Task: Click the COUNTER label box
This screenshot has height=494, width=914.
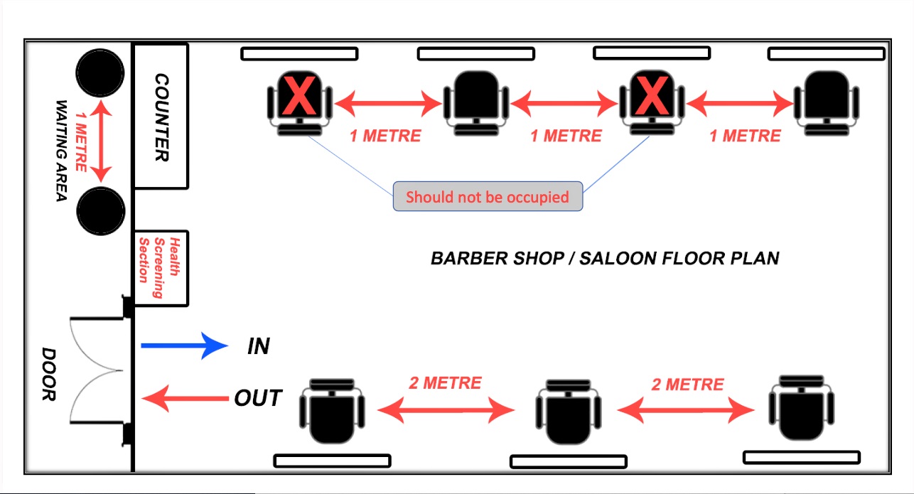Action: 161,116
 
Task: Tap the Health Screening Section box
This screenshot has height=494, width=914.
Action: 161,268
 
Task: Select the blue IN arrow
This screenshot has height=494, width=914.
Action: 184,346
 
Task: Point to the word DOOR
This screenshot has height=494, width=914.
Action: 48,374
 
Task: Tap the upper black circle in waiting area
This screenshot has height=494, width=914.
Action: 101,72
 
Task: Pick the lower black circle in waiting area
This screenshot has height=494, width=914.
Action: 101,210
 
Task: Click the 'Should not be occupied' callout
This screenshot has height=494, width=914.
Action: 488,197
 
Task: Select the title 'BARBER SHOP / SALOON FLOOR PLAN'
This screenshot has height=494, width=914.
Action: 605,258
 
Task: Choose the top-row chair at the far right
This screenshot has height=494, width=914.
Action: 827,103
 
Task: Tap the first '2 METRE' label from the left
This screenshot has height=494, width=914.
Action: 445,383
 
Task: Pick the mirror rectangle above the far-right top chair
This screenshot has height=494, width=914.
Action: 827,53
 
